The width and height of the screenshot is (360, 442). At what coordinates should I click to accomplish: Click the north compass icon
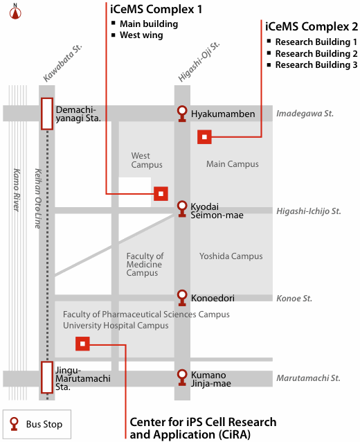coord(15,12)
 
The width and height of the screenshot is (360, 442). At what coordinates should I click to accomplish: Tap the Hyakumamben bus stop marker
coord(182,114)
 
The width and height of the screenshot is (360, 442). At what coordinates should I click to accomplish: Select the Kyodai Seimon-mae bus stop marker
coord(182,209)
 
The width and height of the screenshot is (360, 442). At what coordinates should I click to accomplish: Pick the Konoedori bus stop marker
coord(182,298)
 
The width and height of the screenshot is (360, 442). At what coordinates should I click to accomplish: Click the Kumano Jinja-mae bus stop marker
coord(182,378)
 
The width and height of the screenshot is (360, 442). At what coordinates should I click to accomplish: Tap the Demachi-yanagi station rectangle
coord(47,114)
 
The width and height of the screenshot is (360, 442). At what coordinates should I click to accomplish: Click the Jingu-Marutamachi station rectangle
coord(47,377)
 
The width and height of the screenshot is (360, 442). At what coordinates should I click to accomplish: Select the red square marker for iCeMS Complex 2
coord(204,137)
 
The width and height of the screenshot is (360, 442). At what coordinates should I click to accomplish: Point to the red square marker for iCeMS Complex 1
coord(161,194)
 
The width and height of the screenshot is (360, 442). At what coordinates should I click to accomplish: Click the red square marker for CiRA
coord(82,344)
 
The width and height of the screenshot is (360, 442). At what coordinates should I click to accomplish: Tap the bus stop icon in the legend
coord(14,424)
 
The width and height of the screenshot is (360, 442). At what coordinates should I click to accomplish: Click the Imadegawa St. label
coord(305,114)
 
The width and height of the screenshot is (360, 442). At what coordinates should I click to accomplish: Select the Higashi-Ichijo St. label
coord(309,211)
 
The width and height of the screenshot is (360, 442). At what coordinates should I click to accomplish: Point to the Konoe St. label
coord(294,298)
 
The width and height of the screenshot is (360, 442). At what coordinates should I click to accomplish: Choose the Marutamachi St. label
coord(309,378)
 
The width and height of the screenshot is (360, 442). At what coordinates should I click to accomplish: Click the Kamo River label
coord(17,190)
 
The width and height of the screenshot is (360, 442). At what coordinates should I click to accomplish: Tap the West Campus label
coord(147,160)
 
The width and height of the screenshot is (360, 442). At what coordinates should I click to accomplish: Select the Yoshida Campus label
coord(231,256)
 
